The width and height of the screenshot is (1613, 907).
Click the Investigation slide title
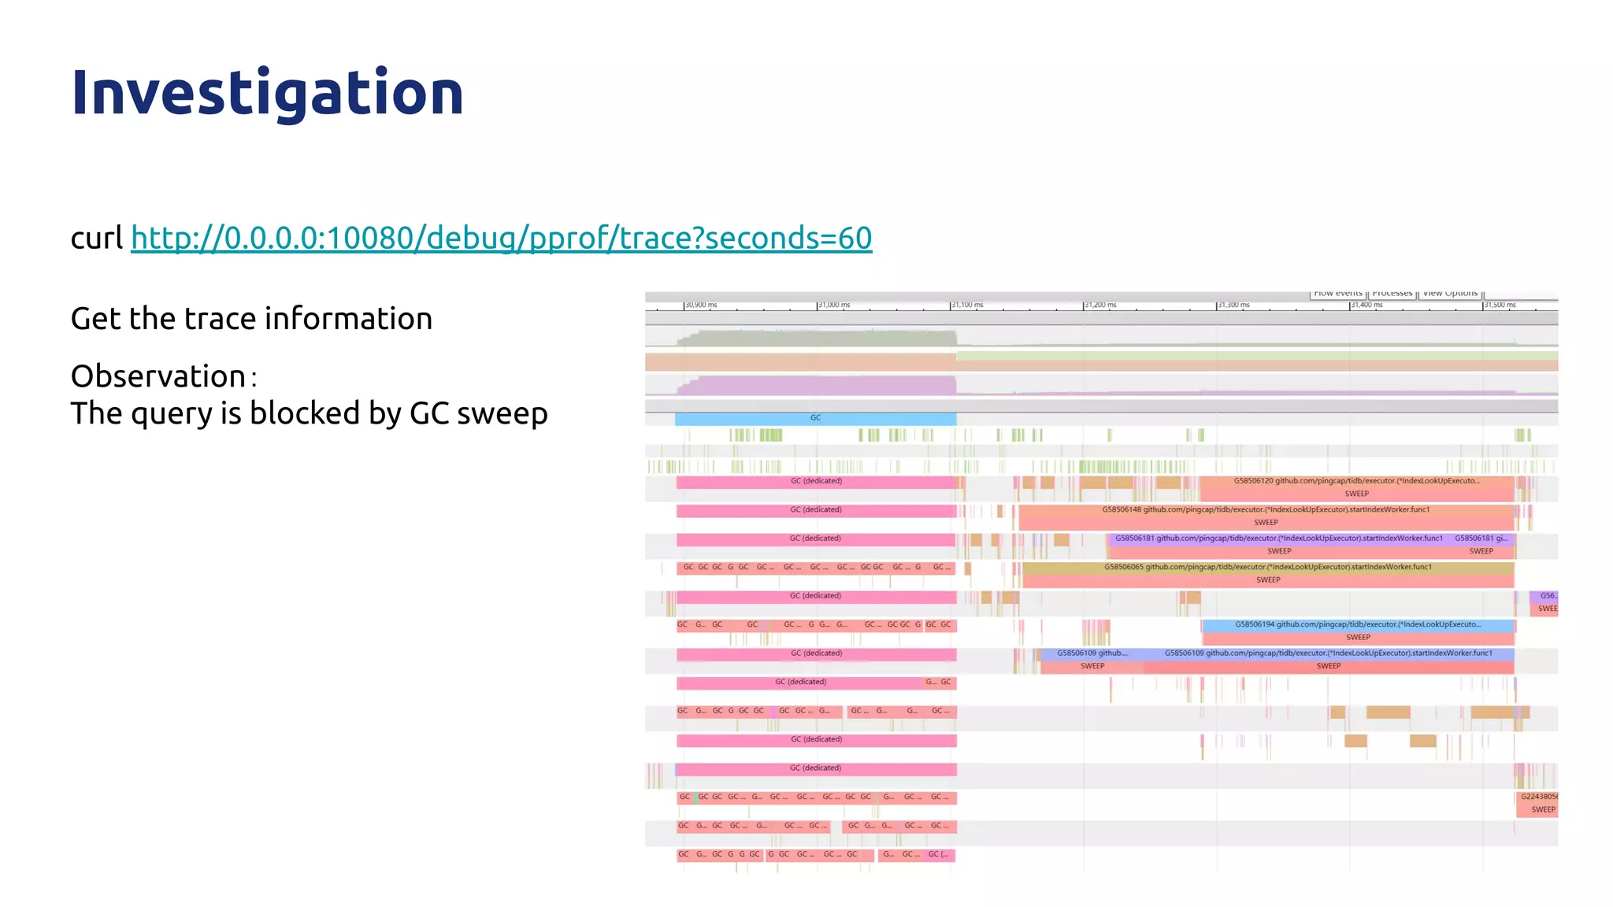[x=267, y=93]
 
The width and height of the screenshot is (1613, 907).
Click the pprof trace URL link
[x=501, y=238]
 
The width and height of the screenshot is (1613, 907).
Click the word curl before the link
[x=96, y=238]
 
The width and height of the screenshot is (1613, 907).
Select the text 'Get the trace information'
[x=251, y=319]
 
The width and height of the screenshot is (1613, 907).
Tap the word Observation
[x=158, y=376]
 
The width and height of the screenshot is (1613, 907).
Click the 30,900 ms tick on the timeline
[x=700, y=305]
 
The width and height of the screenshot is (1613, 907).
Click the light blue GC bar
[x=815, y=418]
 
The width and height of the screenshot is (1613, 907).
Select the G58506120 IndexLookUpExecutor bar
[x=1356, y=481]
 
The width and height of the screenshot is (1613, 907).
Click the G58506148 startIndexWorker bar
[x=1265, y=510]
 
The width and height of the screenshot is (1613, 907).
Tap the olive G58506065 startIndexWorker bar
[x=1267, y=567]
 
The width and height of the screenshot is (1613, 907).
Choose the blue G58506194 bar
[x=1357, y=624]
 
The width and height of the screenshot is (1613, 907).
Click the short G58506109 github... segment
[x=1091, y=653]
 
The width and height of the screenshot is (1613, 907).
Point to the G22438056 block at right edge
[x=1538, y=797]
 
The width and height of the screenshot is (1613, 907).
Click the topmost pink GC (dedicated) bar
[x=816, y=481]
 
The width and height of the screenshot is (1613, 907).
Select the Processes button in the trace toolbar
[x=1392, y=294]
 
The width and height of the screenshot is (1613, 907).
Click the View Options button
[x=1450, y=294]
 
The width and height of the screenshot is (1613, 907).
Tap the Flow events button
[x=1337, y=294]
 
